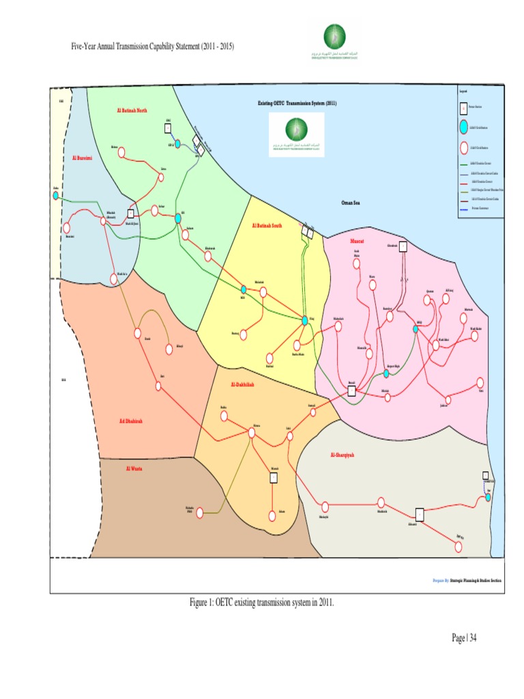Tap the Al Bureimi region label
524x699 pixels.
[x=82, y=158]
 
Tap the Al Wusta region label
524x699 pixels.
[x=134, y=468]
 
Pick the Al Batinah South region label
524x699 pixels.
[x=267, y=226]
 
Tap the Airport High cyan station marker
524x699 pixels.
[x=386, y=373]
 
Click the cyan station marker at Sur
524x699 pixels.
[x=489, y=497]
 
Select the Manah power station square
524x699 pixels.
[x=273, y=478]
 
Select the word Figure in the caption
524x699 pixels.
[x=201, y=602]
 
